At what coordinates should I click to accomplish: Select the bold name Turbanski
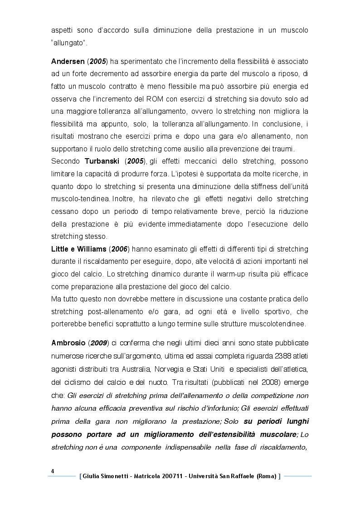coord(101,162)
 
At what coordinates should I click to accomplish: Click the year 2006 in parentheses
coord(120,249)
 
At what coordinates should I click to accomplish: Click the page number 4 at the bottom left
coord(53,471)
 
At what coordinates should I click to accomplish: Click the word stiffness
coord(243,187)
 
